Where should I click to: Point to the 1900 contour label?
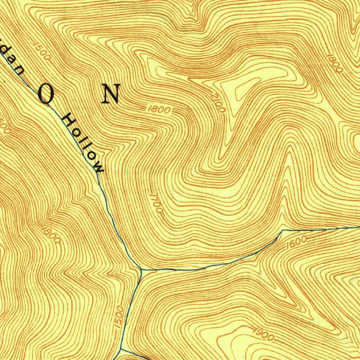tap(263, 335)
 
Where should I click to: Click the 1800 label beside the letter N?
tap(159, 110)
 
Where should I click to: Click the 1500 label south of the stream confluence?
tap(120, 317)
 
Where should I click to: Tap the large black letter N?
tap(111, 94)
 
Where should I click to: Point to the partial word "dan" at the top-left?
tap(12, 62)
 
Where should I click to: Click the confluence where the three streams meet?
tap(141, 270)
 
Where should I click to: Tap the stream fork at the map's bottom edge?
tap(121, 349)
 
